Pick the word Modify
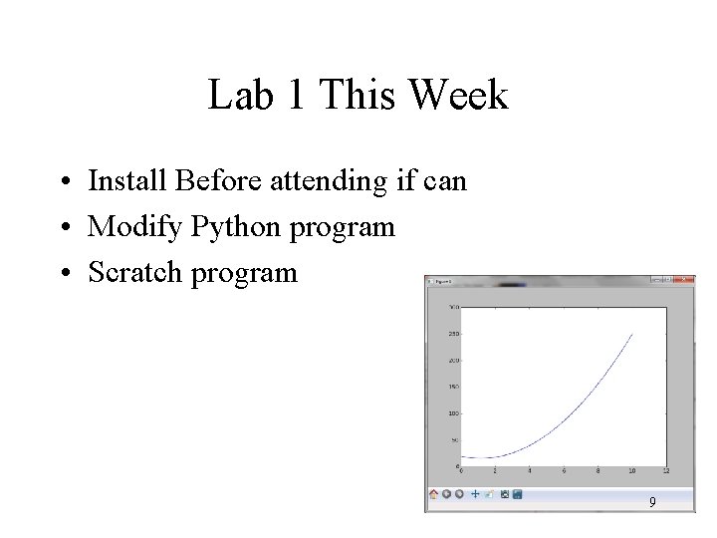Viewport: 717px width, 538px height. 135,227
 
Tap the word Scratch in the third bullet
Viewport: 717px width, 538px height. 135,272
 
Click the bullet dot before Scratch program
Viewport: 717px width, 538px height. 63,273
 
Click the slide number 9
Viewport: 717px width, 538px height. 652,503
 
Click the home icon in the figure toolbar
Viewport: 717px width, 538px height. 434,493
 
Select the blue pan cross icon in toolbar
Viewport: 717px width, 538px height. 475,493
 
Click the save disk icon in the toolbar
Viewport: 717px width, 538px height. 517,493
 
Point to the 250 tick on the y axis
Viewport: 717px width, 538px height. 453,333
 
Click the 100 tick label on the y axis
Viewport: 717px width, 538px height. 453,412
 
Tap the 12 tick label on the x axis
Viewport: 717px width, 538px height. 665,471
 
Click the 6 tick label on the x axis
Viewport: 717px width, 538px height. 564,471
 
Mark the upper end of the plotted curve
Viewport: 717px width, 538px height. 631,334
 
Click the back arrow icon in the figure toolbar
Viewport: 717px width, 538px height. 447,493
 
